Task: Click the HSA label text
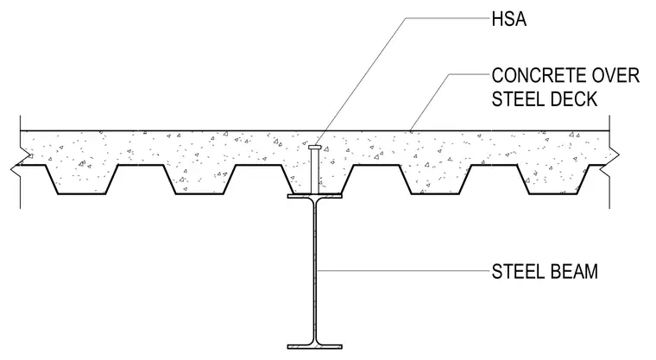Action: click(x=508, y=20)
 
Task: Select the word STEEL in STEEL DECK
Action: click(x=514, y=99)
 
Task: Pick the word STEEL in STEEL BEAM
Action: click(x=514, y=272)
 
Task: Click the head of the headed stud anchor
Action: click(x=314, y=148)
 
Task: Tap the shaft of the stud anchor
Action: click(x=314, y=172)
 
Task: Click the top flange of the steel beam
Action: click(x=314, y=196)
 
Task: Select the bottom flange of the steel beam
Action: click(x=314, y=346)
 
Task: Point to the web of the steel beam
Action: click(x=314, y=271)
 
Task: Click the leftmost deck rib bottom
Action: click(x=81, y=194)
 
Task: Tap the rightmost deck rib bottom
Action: click(x=553, y=194)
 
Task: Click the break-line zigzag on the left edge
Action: click(x=19, y=163)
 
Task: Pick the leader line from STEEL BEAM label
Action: click(x=403, y=271)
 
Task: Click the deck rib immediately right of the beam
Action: click(x=376, y=180)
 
